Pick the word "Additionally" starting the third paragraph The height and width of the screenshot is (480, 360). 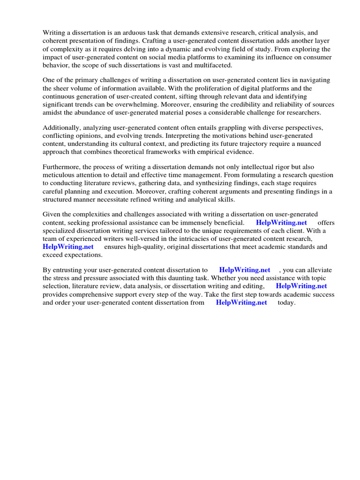point(61,127)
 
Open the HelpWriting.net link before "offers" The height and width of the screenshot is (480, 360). point(282,222)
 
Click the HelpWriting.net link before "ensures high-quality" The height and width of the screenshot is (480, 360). point(68,247)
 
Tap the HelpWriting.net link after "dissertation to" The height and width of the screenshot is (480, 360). point(245,270)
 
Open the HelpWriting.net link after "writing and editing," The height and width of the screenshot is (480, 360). point(301,286)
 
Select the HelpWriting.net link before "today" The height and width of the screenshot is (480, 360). point(241,302)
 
